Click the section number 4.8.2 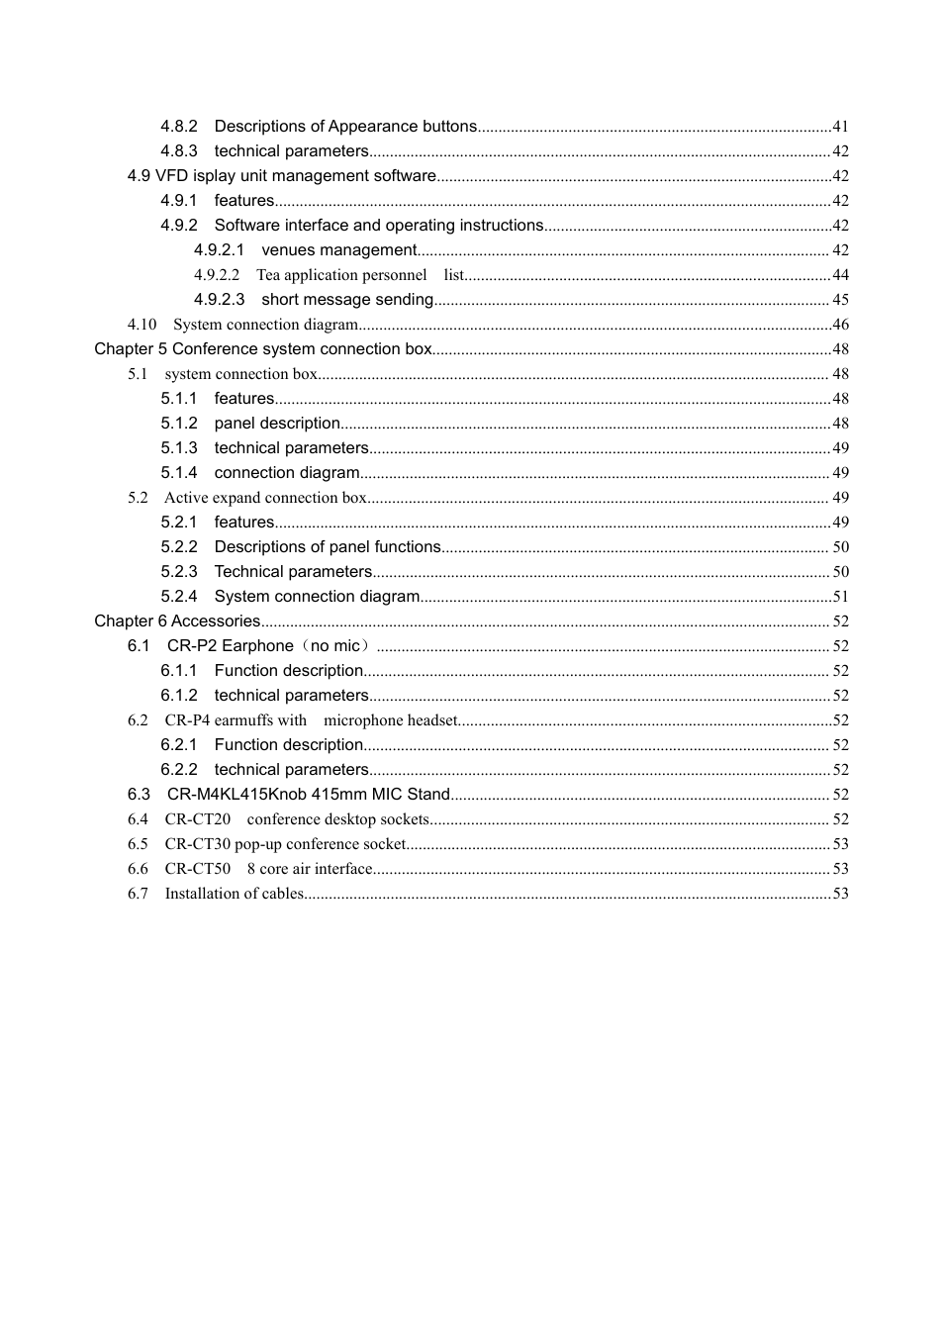point(179,127)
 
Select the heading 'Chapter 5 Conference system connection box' point(263,349)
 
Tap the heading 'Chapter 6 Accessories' point(177,621)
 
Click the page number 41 point(840,127)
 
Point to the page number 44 point(840,275)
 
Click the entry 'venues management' point(338,250)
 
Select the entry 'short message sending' point(347,300)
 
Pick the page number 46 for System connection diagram point(840,325)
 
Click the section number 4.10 point(142,325)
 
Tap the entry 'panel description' point(277,424)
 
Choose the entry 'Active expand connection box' point(265,498)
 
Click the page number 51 point(840,597)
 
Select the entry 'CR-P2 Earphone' point(230,646)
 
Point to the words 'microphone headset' point(390,720)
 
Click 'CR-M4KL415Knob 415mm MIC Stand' point(308,795)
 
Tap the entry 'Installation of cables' point(235,894)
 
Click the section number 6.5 point(138,844)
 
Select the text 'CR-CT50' point(197,869)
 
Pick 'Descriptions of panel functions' point(328,547)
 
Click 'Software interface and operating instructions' point(379,226)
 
